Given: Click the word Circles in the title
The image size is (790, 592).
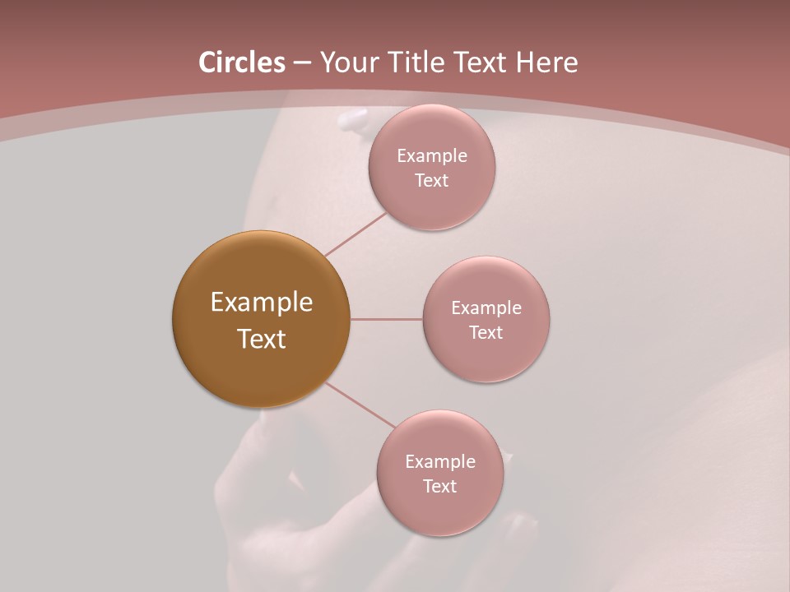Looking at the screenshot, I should point(242,62).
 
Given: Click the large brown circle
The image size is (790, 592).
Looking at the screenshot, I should point(261,370).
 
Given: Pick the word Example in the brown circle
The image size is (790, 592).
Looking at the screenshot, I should point(262,303).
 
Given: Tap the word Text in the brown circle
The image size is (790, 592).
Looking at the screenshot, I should point(262,339).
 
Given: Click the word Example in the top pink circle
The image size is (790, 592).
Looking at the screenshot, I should point(432,155).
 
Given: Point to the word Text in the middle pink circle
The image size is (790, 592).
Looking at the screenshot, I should point(486,332).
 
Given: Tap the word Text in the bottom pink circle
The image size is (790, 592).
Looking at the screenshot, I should point(439,486).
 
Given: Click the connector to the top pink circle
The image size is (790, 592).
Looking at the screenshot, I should point(355,234).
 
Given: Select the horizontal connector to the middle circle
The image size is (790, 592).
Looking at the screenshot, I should point(386,319).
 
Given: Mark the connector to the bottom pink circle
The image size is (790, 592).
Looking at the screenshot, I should point(360,405).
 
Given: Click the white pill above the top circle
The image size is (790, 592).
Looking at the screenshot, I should point(351,120).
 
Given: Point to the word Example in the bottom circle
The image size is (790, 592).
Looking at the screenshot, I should point(440,461).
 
